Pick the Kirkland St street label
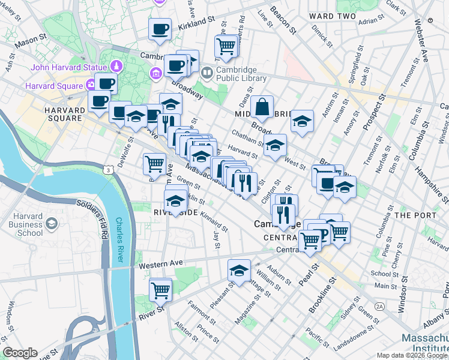coord(195,21)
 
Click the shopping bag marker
coord(262,108)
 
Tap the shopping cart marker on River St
coord(160,290)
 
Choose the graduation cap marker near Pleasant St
coord(239,271)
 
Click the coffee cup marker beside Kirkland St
coord(160,29)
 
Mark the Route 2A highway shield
coord(379,306)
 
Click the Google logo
coord(20,352)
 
